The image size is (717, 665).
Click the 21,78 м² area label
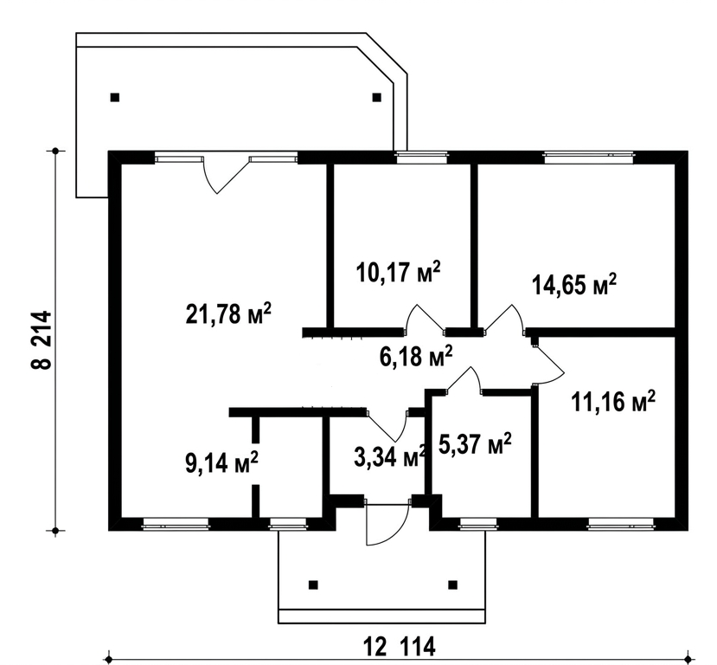point(228,313)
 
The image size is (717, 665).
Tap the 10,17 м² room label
point(398,272)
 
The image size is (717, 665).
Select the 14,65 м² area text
point(574,285)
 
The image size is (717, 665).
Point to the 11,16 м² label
point(612,402)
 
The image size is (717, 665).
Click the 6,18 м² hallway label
point(416,356)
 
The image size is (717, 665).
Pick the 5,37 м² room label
point(475,443)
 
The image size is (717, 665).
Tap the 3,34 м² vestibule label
point(390,456)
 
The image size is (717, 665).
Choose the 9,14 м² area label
point(221,462)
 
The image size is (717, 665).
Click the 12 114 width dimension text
point(400,647)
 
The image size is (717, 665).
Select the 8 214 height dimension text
point(42,339)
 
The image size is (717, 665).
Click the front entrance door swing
point(387,525)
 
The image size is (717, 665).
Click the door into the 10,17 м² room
point(426,318)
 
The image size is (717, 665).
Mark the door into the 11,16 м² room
point(548,365)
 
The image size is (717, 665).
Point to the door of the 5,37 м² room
point(464,380)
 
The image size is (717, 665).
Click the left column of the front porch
point(313,584)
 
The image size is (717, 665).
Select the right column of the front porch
point(452,584)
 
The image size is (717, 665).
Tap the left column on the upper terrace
point(115,97)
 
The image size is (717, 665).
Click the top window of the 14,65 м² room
point(588,158)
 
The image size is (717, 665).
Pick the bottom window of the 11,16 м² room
point(621,524)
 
